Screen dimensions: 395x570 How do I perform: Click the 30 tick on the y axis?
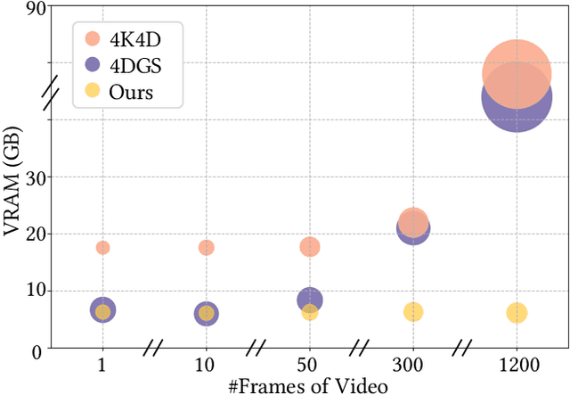[x=37, y=177]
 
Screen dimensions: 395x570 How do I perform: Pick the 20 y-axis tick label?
[x=37, y=234]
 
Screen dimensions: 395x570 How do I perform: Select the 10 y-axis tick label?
[x=37, y=291]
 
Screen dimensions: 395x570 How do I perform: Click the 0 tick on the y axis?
[x=41, y=350]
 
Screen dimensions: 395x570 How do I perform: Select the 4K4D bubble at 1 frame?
[x=102, y=247]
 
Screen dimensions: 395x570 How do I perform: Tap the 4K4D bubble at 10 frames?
[x=206, y=247]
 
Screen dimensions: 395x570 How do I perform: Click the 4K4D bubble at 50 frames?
[x=309, y=246]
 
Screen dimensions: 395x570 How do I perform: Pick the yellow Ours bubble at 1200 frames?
[x=517, y=312]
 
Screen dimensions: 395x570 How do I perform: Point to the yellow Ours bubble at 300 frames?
[x=413, y=311]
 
